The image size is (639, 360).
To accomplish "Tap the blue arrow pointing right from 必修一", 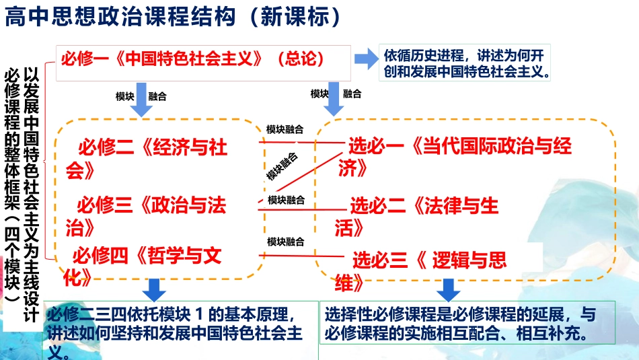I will tap(367, 59).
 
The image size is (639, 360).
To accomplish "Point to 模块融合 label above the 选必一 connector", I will tap(285, 129).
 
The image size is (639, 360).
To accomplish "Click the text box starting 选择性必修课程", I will tap(460, 324).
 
